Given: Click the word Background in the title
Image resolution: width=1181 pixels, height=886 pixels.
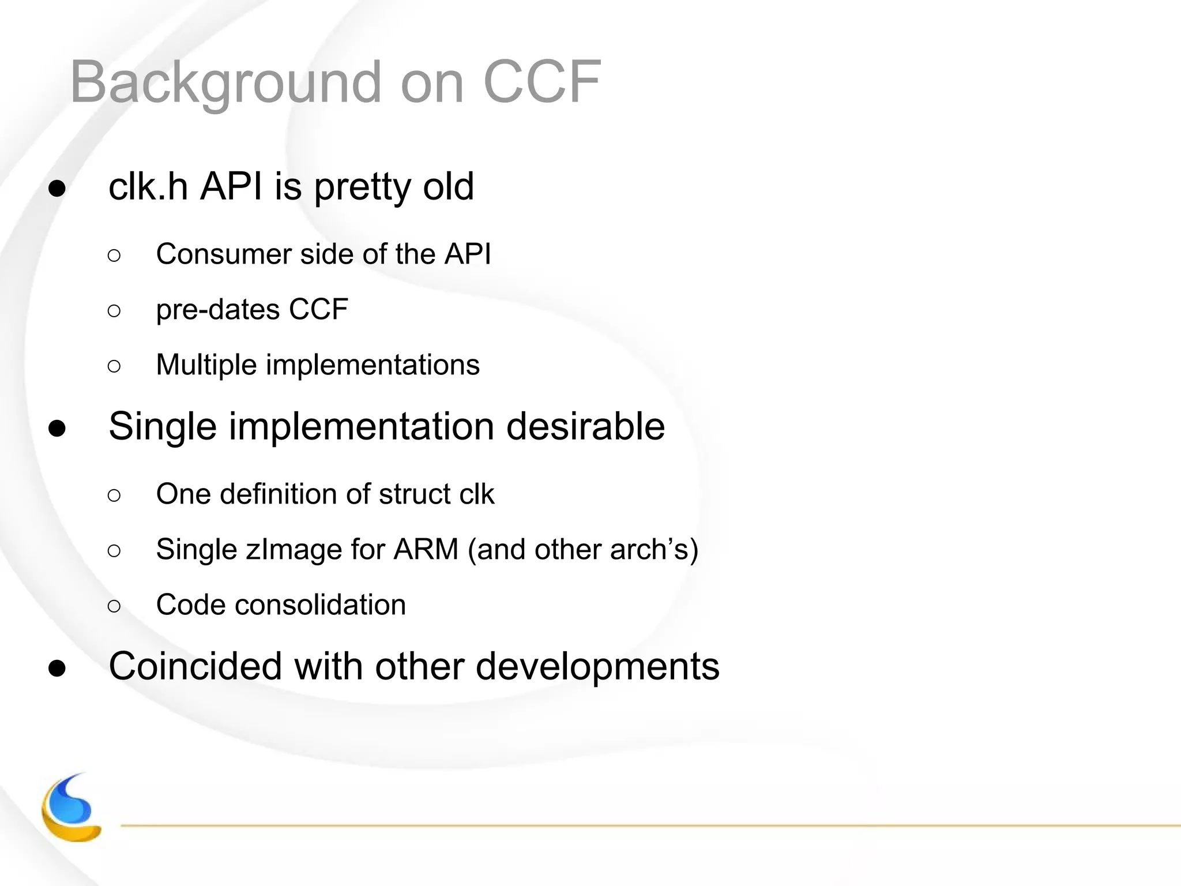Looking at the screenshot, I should [x=225, y=82].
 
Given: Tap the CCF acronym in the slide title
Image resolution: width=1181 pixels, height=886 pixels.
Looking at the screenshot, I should [x=542, y=82].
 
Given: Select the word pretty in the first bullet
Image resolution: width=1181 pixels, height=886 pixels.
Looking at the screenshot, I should [x=362, y=187].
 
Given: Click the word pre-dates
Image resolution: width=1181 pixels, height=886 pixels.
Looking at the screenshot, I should [x=217, y=310].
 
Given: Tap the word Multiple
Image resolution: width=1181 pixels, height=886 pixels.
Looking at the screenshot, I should [x=206, y=365].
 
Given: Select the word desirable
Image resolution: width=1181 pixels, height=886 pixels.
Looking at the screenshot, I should [x=585, y=427].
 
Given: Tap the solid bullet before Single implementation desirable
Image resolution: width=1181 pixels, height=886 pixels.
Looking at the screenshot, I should [x=57, y=429].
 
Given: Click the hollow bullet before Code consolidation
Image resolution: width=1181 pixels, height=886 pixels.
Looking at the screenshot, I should [x=114, y=606].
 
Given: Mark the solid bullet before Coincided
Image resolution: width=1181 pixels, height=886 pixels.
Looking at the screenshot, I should [x=57, y=669].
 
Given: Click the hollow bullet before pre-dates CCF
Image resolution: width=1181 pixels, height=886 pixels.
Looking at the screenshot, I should [x=114, y=311].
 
